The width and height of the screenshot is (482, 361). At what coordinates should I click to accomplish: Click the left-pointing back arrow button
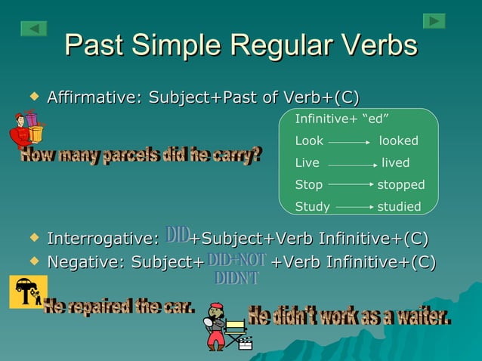(x=34, y=29)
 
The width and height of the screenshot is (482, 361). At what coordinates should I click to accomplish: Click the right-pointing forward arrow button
(x=434, y=21)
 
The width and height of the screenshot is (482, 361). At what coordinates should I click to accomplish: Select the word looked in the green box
(x=398, y=141)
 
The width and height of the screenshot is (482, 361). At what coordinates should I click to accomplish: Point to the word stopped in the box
(x=400, y=185)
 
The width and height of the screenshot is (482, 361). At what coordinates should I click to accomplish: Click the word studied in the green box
(x=399, y=207)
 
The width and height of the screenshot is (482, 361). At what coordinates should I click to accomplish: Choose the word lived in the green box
(x=395, y=163)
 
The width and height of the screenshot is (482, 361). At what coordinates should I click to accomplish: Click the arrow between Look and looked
(x=349, y=142)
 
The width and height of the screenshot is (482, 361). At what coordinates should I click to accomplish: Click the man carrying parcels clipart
(x=26, y=130)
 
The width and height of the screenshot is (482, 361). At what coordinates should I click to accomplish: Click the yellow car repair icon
(x=27, y=292)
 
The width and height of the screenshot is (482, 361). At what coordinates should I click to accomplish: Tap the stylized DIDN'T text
(x=236, y=279)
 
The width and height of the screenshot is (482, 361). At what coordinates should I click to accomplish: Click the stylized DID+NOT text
(x=237, y=260)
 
